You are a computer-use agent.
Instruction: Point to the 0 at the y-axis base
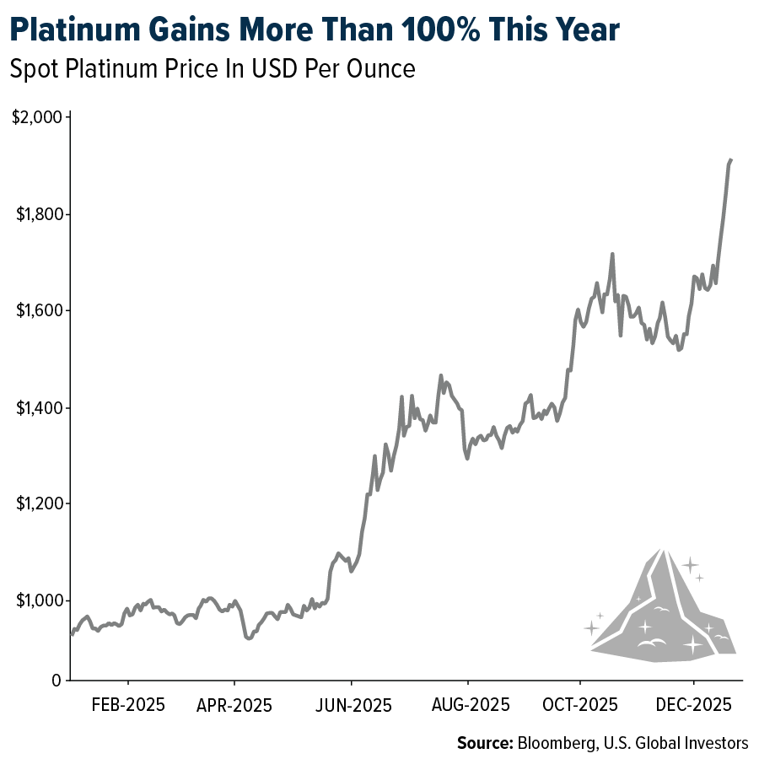pos(55,680)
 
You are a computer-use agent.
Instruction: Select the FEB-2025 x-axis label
pos(128,704)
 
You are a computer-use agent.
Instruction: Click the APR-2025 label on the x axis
pos(234,704)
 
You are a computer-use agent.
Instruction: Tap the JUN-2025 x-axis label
pos(352,704)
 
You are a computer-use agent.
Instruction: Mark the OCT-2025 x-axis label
pos(580,704)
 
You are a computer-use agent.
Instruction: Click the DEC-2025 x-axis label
pos(693,704)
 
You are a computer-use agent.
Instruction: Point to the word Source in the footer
pos(484,743)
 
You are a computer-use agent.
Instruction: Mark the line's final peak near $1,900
pos(730,159)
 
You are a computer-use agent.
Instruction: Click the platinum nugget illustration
pos(662,611)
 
